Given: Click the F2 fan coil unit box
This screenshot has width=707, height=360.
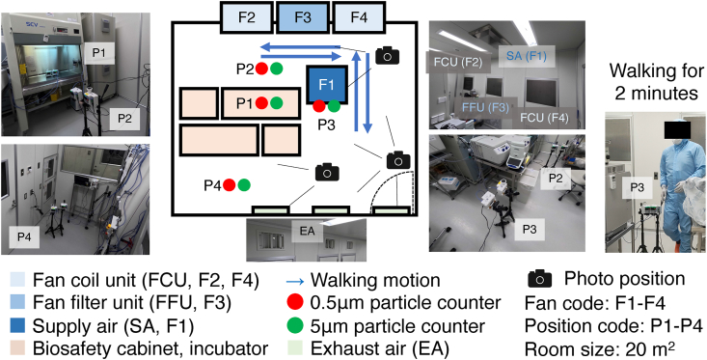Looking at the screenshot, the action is tap(247, 17).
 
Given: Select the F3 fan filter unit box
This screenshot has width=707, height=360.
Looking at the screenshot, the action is tap(302, 17).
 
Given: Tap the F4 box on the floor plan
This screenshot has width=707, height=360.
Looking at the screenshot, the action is tap(358, 17).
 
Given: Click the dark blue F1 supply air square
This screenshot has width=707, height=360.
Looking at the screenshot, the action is tap(327, 84).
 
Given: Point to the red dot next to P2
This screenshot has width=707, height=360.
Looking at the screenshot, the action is tap(261, 69).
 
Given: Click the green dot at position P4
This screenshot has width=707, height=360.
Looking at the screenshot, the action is tap(244, 184).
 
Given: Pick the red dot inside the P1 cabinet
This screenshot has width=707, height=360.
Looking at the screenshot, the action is tap(261, 103).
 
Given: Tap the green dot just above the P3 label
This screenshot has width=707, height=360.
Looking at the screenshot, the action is tap(334, 106).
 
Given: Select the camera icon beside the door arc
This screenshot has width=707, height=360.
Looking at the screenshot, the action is tap(398, 160).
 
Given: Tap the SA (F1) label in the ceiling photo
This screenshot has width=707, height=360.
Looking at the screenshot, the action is tap(527, 58).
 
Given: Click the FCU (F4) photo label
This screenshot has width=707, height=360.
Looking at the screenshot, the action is tap(544, 118).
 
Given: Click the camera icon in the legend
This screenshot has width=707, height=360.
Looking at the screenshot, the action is tap(539, 280).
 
